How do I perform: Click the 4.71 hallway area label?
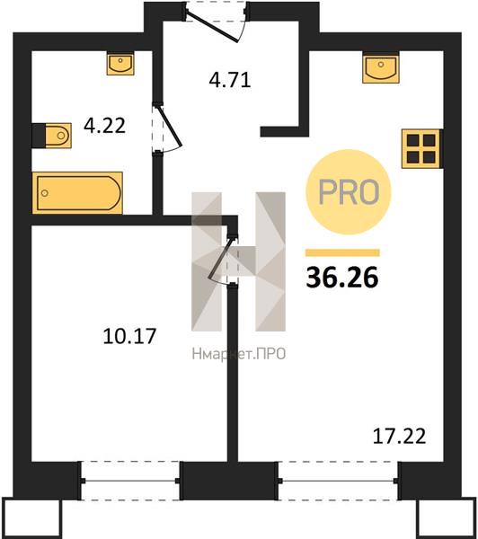[230, 80]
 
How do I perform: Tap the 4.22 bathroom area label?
[104, 126]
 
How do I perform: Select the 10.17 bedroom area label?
[129, 336]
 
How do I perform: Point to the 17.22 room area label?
[399, 436]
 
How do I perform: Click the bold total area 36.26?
[342, 278]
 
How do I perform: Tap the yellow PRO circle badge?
[349, 192]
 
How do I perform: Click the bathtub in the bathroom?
[77, 193]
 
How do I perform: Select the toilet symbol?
[51, 136]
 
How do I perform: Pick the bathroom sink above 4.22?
[120, 64]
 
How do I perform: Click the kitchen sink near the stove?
[381, 67]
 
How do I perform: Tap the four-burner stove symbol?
[421, 148]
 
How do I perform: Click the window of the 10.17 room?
[130, 481]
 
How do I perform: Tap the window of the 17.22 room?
[338, 481]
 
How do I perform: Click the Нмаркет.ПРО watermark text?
[239, 354]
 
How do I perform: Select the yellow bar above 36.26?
[342, 252]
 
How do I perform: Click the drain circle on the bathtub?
[44, 193]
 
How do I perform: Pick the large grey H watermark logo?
[238, 261]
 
